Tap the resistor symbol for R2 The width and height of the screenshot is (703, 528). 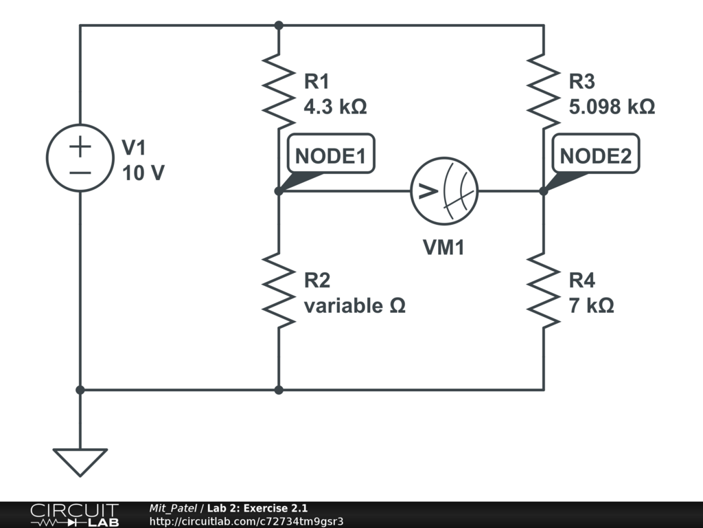coord(279,289)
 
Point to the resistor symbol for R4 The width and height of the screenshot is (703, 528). coord(543,289)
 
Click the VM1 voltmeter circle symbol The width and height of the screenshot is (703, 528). coord(443,190)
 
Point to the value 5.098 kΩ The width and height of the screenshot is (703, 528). coord(612,107)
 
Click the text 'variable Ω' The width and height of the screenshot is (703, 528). coord(354,305)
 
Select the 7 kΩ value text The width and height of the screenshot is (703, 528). coord(591,305)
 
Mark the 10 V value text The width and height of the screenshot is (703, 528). coord(143,173)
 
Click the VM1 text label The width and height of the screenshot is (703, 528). coord(443,247)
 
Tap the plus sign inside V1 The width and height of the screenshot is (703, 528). coord(80,146)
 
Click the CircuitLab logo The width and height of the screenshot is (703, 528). coord(73,515)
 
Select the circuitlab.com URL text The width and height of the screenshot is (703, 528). coord(246,521)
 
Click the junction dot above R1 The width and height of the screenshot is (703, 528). coord(279,25)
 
